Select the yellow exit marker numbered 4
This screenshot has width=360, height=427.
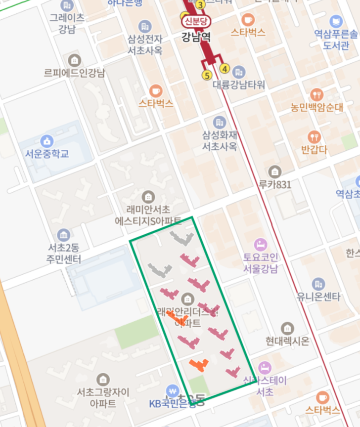pyautogui.click(x=225, y=69)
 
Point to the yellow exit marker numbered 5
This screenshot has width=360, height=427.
pyautogui.click(x=207, y=75)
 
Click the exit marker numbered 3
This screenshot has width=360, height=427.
pyautogui.click(x=200, y=5)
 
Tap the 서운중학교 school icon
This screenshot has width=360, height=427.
pyautogui.click(x=47, y=140)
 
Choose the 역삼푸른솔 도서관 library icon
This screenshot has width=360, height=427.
pyautogui.click(x=336, y=21)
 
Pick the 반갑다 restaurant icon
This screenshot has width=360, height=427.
pyautogui.click(x=314, y=136)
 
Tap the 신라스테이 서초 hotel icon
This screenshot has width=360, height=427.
pyautogui.click(x=265, y=367)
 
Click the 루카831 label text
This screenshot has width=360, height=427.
pyautogui.click(x=275, y=184)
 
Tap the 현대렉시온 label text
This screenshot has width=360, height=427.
pyautogui.click(x=287, y=341)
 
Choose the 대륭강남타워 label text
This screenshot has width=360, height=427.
pyautogui.click(x=238, y=85)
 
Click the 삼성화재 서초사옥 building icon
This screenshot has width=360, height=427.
pyautogui.click(x=220, y=122)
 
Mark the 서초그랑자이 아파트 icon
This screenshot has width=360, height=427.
pyautogui.click(x=103, y=380)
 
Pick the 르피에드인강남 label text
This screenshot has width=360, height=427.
pyautogui.click(x=75, y=73)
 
